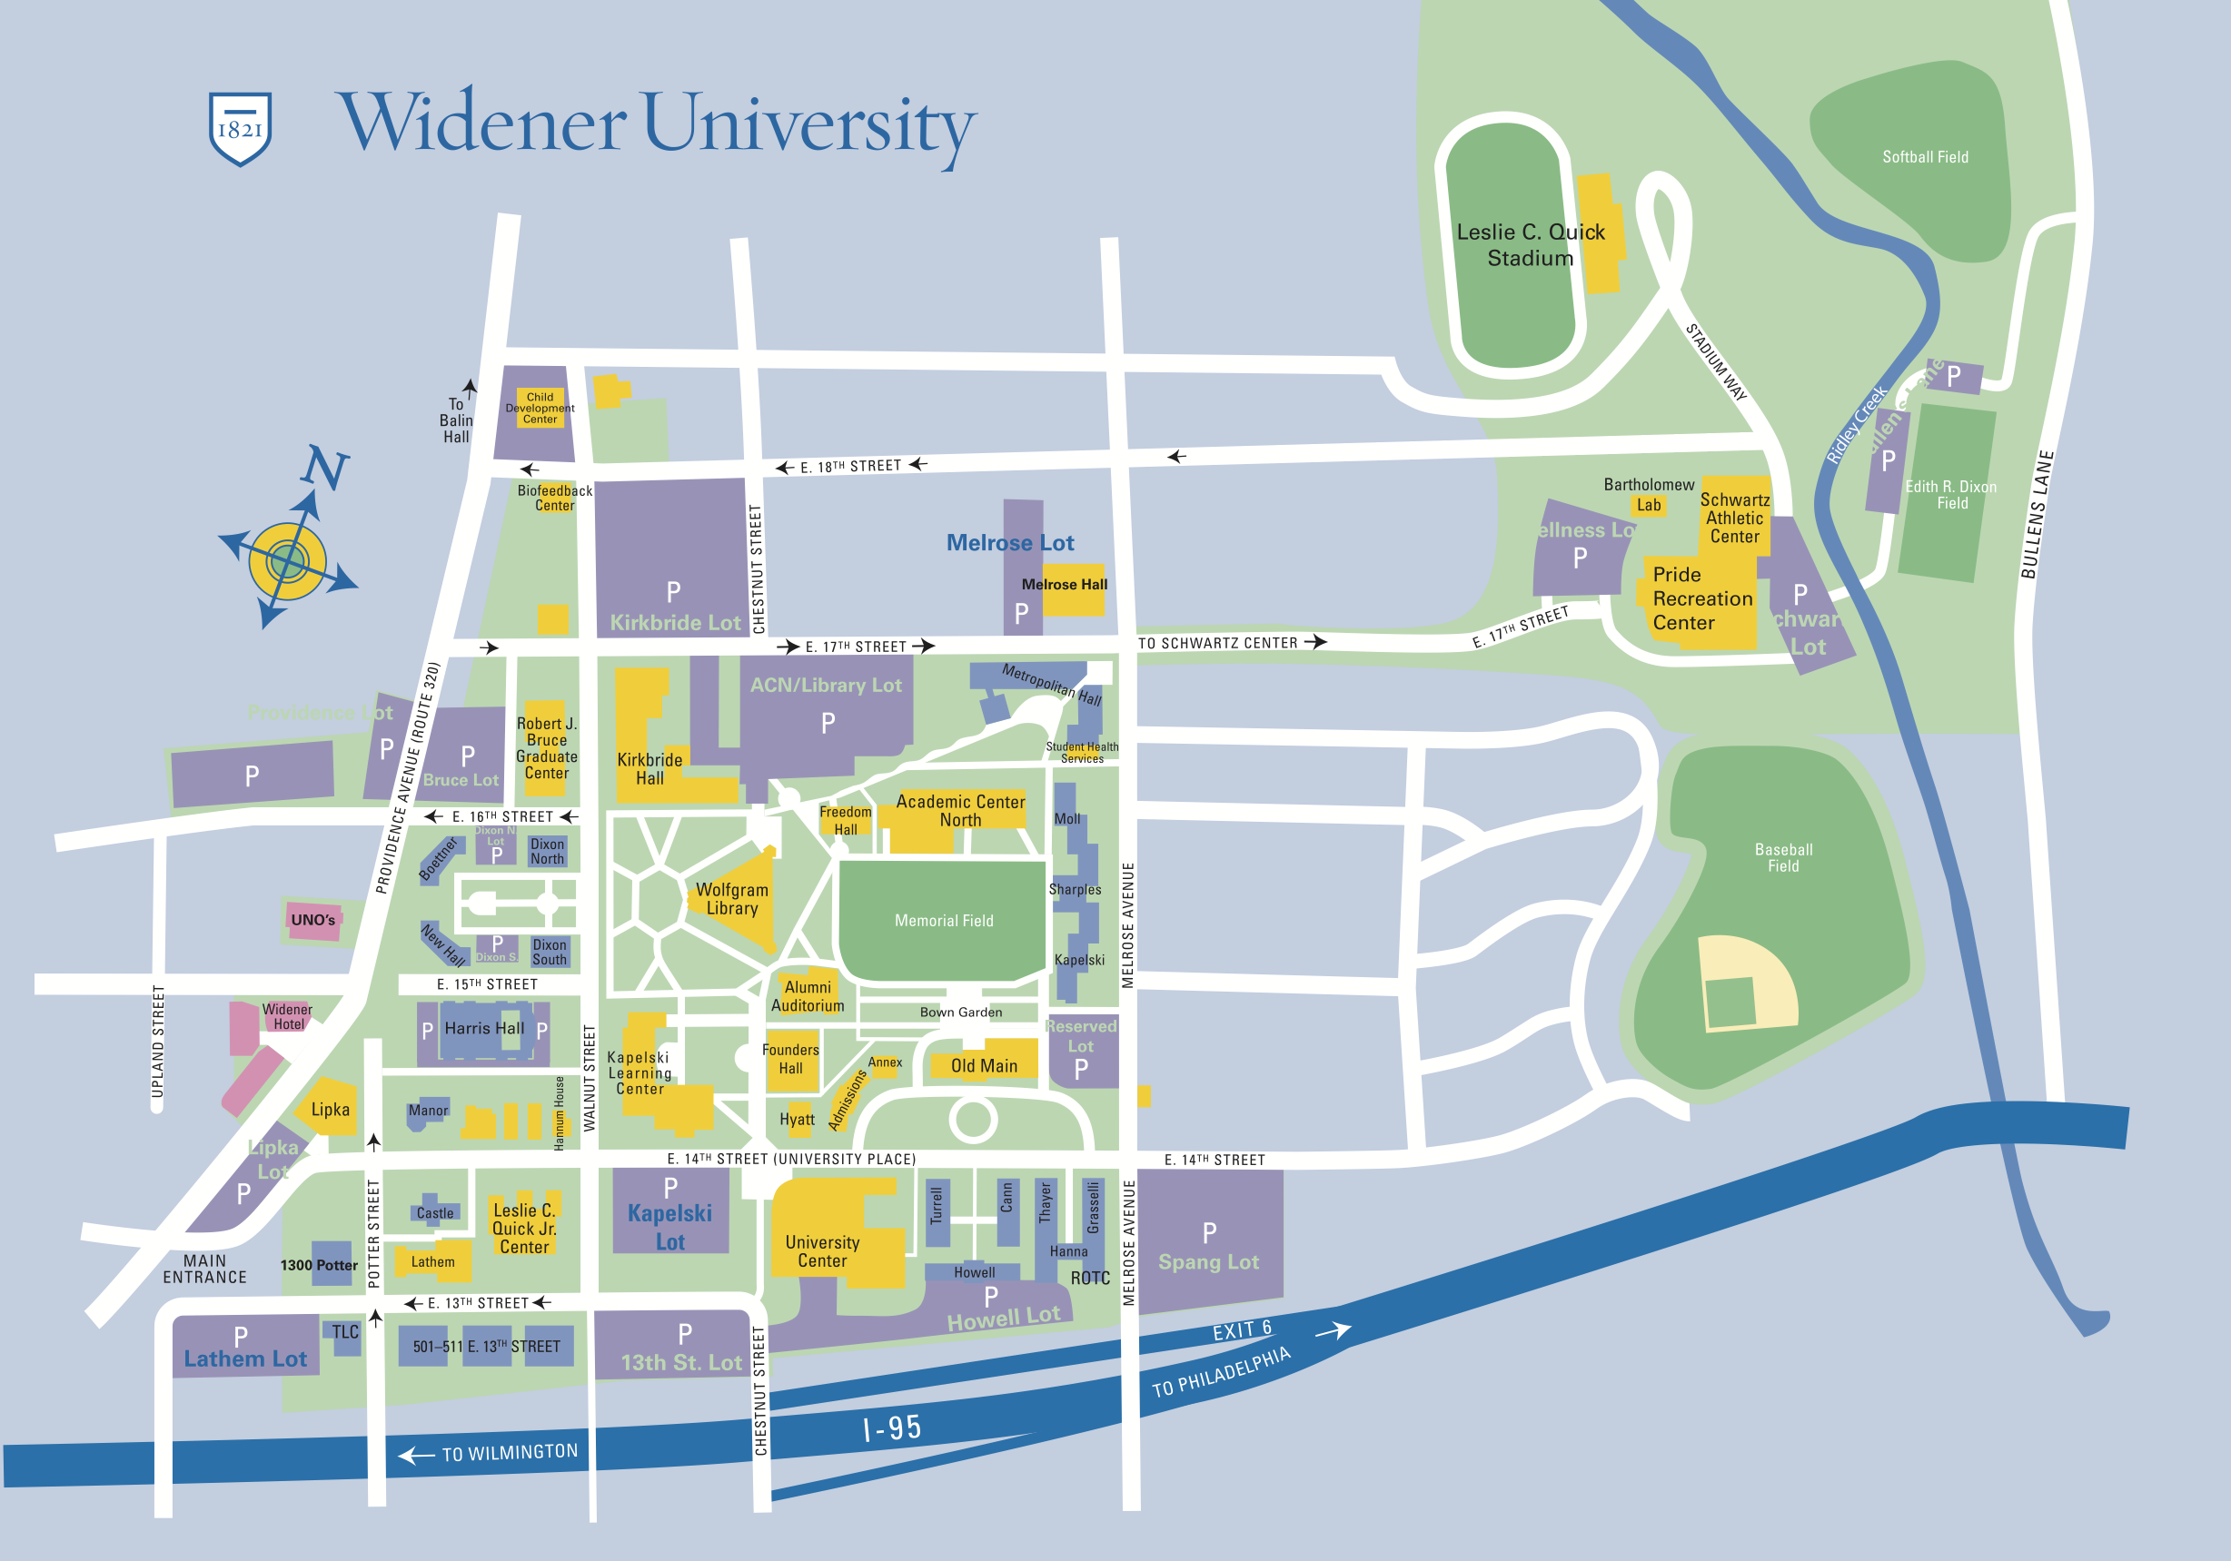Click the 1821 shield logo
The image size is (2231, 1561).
[x=240, y=128]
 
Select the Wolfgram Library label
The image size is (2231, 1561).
[x=731, y=898]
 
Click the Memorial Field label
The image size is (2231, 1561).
[x=944, y=920]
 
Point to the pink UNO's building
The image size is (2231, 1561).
[x=312, y=920]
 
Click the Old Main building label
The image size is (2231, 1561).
[x=984, y=1065]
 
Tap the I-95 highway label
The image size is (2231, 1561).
[x=891, y=1428]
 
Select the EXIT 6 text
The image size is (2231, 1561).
[x=1241, y=1329]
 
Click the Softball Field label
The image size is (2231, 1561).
[x=1924, y=156]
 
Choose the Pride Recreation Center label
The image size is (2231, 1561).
[x=1701, y=598]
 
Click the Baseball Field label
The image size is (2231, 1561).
[x=1783, y=856]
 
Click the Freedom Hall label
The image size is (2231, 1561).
[x=846, y=820]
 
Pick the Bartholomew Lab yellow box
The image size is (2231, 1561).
[x=1648, y=505]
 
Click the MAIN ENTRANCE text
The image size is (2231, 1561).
[x=204, y=1269]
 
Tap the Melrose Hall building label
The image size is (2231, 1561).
[x=1064, y=585]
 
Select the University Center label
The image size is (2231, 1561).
[x=822, y=1251]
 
